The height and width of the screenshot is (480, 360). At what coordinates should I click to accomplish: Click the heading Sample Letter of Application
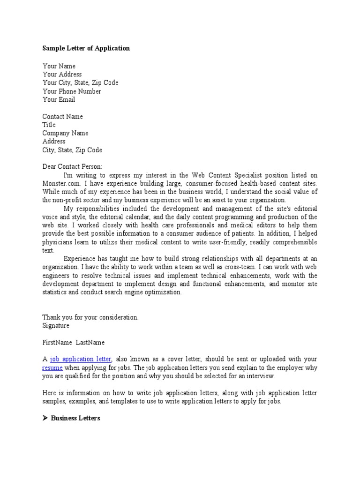pyautogui.click(x=86, y=48)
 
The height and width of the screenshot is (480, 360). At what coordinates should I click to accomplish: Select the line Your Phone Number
pyautogui.click(x=72, y=91)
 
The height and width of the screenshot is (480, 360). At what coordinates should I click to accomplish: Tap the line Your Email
pyautogui.click(x=59, y=100)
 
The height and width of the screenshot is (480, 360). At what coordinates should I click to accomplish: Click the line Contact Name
pyautogui.click(x=62, y=117)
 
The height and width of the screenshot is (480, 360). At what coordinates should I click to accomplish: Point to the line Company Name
pyautogui.click(x=65, y=133)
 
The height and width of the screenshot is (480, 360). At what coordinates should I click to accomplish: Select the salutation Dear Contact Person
pyautogui.click(x=72, y=167)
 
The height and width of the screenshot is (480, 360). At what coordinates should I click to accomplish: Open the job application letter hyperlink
pyautogui.click(x=81, y=360)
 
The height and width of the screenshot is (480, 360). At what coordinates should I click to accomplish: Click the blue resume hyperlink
pyautogui.click(x=52, y=368)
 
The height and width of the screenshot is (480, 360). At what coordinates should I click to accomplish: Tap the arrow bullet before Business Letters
pyautogui.click(x=45, y=418)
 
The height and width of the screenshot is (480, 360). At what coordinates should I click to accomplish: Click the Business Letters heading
pyautogui.click(x=75, y=418)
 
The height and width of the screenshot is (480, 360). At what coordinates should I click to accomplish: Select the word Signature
pyautogui.click(x=56, y=326)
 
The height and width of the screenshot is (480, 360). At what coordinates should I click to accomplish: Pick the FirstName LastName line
pyautogui.click(x=74, y=343)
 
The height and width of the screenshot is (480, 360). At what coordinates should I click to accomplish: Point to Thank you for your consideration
pyautogui.click(x=90, y=317)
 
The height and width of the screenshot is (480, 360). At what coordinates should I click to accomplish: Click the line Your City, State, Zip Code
pyautogui.click(x=80, y=83)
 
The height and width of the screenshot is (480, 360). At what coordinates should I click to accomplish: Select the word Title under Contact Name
pyautogui.click(x=49, y=125)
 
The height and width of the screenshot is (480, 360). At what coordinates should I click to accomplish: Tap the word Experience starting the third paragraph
pyautogui.click(x=79, y=259)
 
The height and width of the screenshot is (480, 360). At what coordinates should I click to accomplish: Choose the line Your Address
pyautogui.click(x=62, y=75)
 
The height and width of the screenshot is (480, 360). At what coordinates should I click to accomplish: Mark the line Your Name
pyautogui.click(x=59, y=66)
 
